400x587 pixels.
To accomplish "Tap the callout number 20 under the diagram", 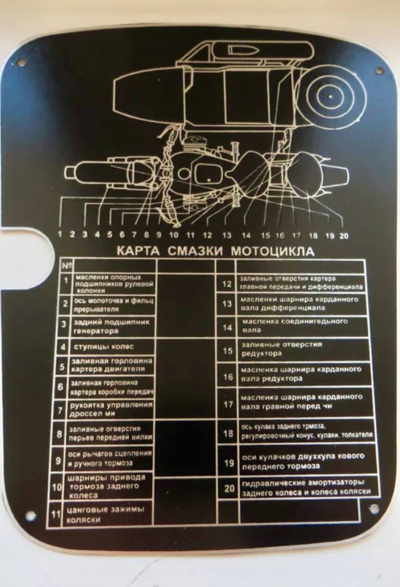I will point(343,235).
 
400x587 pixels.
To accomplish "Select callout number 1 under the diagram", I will point(60,234).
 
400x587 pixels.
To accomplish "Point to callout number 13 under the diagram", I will point(227,235).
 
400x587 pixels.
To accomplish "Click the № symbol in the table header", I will point(65,266).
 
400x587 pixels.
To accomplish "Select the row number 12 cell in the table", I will point(227,283).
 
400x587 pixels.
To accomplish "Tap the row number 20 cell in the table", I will point(228,487).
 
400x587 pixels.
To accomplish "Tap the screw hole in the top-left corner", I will point(21,63).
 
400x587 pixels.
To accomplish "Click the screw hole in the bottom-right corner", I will point(374,508).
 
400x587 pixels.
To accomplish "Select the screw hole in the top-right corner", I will point(379,71).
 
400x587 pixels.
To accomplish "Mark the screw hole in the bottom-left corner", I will point(30,515).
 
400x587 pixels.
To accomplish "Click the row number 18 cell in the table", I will point(228,433).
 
